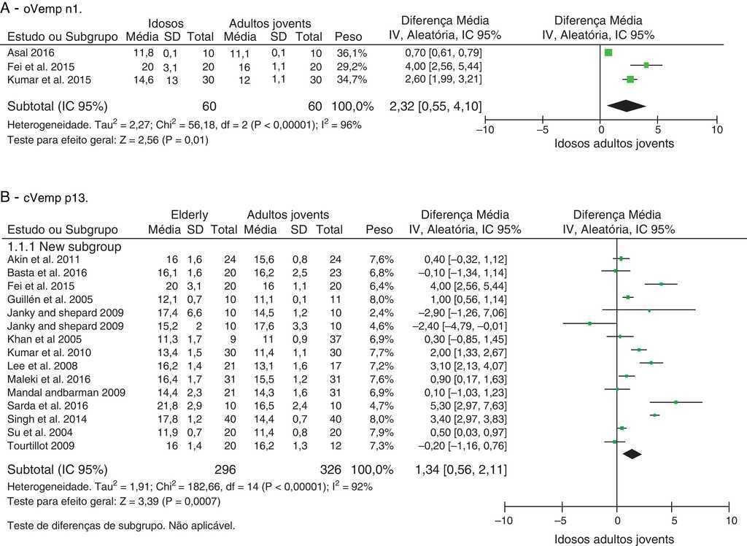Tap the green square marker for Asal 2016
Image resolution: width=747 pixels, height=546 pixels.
pyautogui.click(x=608, y=53)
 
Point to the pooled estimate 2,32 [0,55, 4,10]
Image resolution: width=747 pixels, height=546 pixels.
pyautogui.click(x=435, y=107)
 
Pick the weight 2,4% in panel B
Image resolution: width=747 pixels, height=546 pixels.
pyautogui.click(x=384, y=312)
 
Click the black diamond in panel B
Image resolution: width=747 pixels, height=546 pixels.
pyautogui.click(x=631, y=453)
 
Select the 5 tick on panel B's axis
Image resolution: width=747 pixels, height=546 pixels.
pyautogui.click(x=674, y=520)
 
